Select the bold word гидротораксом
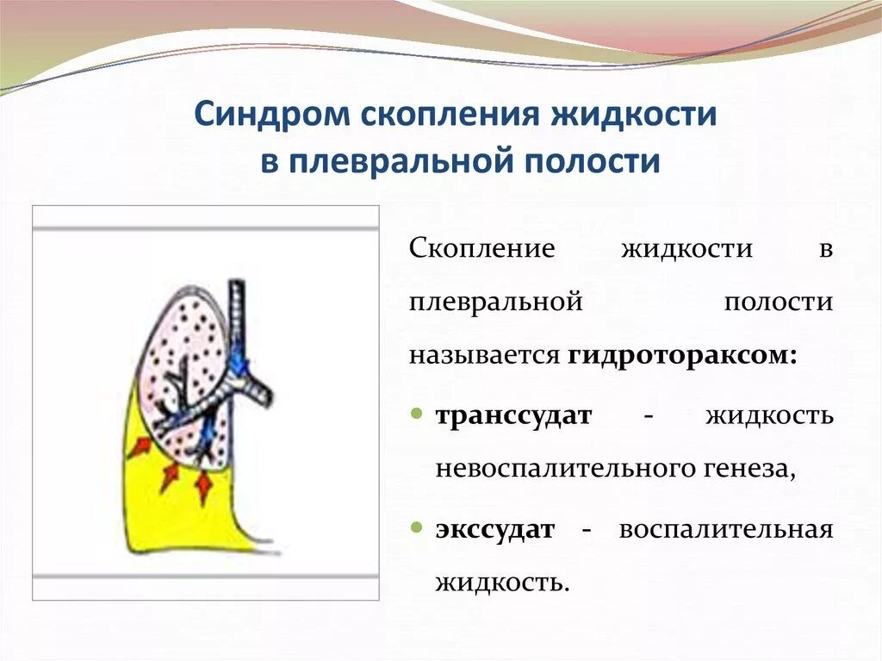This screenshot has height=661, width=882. (682, 357)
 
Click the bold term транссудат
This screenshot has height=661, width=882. (513, 416)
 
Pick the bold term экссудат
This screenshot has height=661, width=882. (495, 530)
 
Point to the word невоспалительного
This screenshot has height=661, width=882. (563, 469)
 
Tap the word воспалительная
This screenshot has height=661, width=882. (725, 530)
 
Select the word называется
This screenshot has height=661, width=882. (484, 357)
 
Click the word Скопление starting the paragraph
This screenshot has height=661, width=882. (482, 249)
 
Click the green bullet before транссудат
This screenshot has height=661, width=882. (416, 414)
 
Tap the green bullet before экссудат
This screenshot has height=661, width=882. (416, 528)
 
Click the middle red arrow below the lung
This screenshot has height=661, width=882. (170, 477)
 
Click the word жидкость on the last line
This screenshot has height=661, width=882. (500, 584)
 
